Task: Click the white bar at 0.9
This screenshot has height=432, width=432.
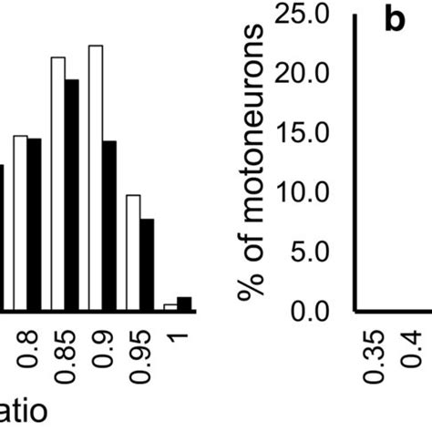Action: click(x=96, y=179)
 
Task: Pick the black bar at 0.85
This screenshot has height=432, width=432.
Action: click(x=72, y=195)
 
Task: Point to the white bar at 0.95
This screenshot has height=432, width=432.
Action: click(x=133, y=252)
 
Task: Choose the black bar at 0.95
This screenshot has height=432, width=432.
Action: click(x=147, y=264)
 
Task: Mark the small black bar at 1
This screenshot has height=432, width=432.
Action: click(x=184, y=303)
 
